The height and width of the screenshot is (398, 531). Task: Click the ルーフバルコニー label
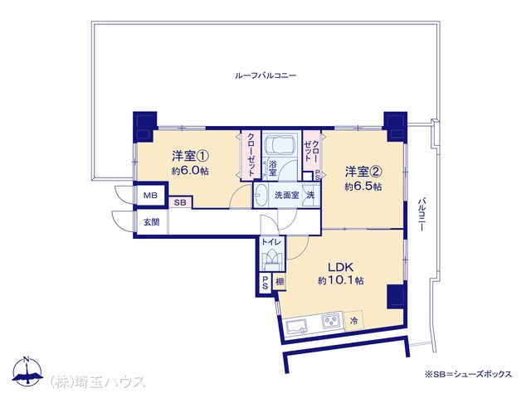coord(265,75)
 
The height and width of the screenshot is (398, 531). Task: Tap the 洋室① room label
coord(190,156)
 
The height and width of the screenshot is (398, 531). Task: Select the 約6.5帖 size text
coord(363,187)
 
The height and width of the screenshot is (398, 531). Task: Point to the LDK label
coord(341,267)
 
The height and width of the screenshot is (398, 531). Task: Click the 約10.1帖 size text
coord(341,280)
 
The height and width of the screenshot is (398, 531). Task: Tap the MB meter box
coord(151,196)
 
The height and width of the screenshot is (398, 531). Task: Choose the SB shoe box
coord(181,202)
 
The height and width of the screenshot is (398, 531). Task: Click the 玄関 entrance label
coord(151,222)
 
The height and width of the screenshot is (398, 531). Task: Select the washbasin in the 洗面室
coord(260,196)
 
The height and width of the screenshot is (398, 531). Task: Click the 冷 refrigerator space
coord(353,320)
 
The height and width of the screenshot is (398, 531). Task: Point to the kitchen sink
coord(296,328)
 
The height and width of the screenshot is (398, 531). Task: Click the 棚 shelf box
coord(280,281)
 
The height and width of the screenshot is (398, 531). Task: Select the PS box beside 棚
coord(265,282)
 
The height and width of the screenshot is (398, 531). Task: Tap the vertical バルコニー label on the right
coord(421,214)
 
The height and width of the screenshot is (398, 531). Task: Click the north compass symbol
coord(27,371)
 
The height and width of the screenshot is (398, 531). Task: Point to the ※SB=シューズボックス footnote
coord(468,374)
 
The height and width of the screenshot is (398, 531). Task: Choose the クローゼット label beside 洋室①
coord(251,154)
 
